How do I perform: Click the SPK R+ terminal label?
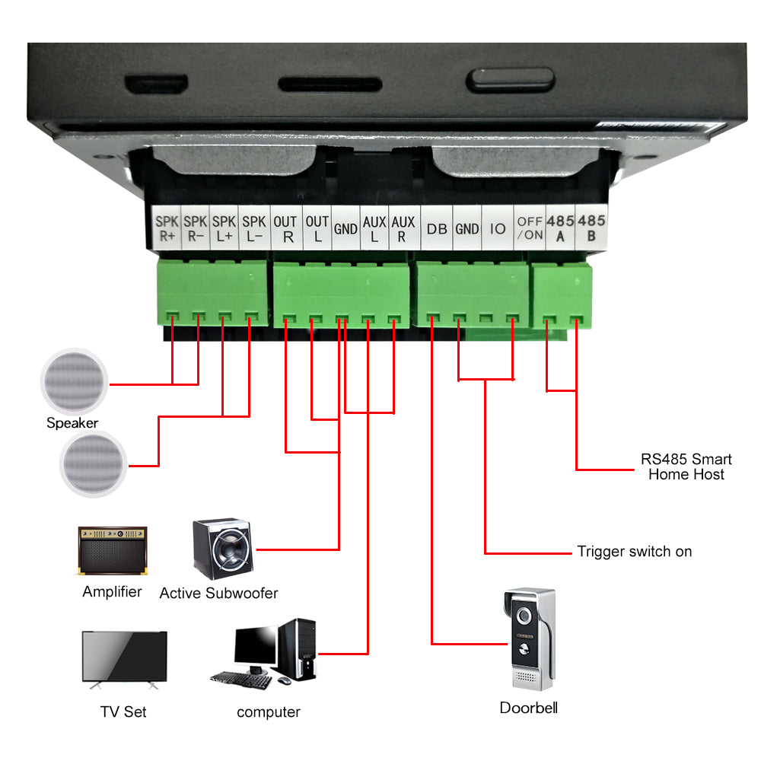(167, 228)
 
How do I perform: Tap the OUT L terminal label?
(317, 228)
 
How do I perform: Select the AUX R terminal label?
(403, 228)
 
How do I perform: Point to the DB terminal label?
(437, 228)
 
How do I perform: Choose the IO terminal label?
(498, 228)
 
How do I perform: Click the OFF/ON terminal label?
(530, 228)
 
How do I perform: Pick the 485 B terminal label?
(591, 228)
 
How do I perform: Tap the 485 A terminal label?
(561, 228)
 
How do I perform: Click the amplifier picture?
(113, 550)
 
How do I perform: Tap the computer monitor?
(255, 648)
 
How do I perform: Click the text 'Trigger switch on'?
(635, 552)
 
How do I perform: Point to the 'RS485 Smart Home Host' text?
(686, 466)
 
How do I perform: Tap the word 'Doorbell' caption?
(528, 708)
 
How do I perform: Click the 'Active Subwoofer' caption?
(218, 593)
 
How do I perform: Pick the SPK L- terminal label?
(253, 228)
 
